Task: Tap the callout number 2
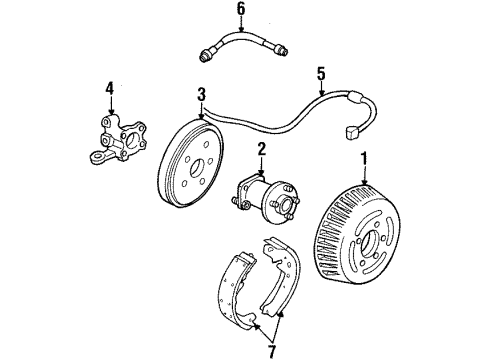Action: tap(260, 151)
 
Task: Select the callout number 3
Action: tap(201, 94)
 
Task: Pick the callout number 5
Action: tap(321, 74)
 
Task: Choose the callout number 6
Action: tap(240, 10)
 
